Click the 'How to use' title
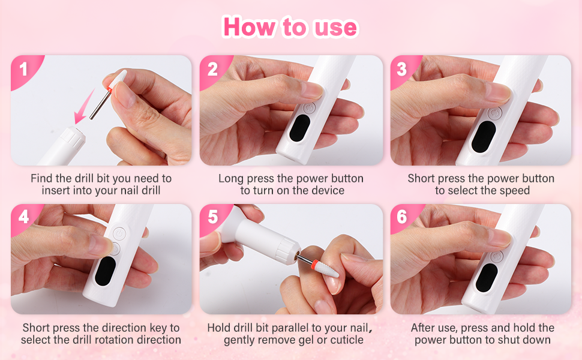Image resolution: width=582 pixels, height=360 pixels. pos(290,27)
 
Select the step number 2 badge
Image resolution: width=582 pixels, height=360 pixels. pos(213,70)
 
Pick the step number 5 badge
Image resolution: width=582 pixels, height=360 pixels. pos(213,217)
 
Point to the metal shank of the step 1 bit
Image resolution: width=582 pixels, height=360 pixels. pos(100,104)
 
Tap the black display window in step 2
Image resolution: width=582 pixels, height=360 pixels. pos(299,128)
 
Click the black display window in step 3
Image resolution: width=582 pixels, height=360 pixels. pos(484,137)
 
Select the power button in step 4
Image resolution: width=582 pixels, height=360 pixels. pos(119,234)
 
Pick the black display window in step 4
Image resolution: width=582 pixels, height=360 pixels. pos(106,271)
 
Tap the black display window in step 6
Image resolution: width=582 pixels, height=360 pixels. pos(487,278)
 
